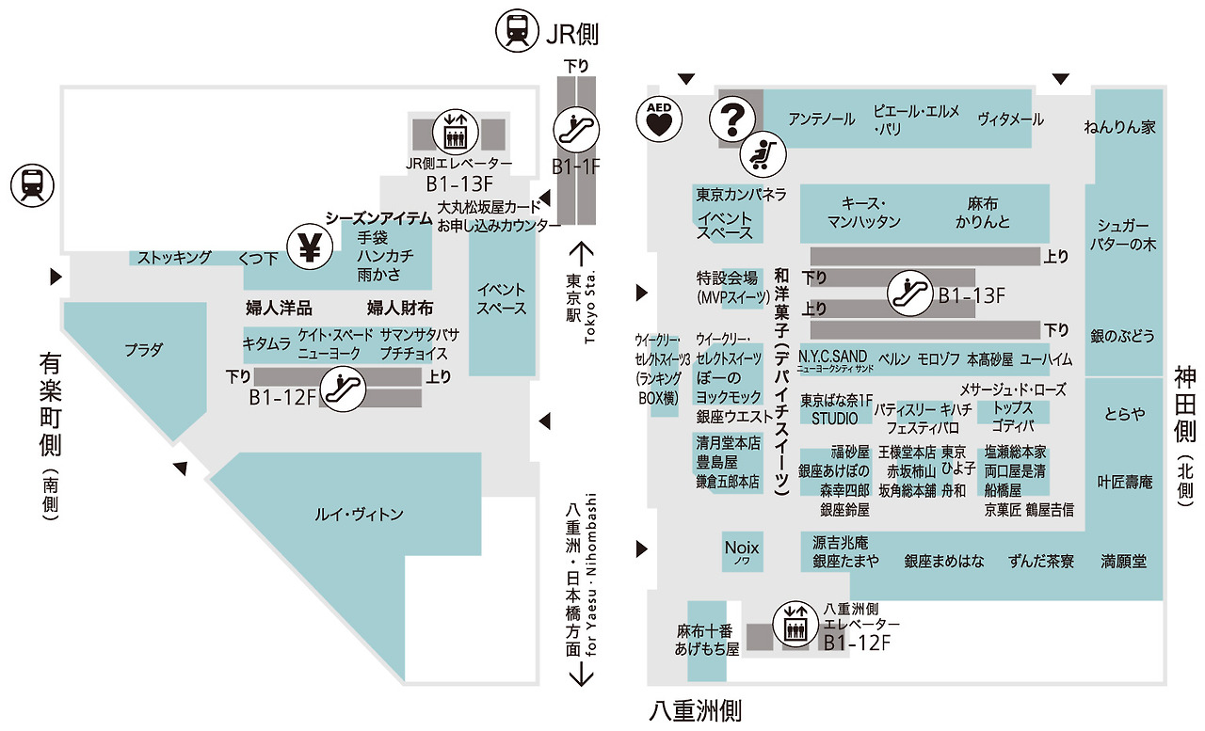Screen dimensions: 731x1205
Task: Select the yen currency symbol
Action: coord(309,247)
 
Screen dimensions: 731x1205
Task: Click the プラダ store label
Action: coord(144,351)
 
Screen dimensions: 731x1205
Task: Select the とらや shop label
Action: coord(1125,414)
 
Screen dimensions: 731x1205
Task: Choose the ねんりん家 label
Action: coord(1119,127)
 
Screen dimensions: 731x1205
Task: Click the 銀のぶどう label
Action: coord(1122,336)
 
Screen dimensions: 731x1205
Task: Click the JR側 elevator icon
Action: coord(456,133)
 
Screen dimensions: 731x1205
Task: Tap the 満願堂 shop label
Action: coord(1124,562)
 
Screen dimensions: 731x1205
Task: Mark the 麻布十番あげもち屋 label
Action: coord(706,640)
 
